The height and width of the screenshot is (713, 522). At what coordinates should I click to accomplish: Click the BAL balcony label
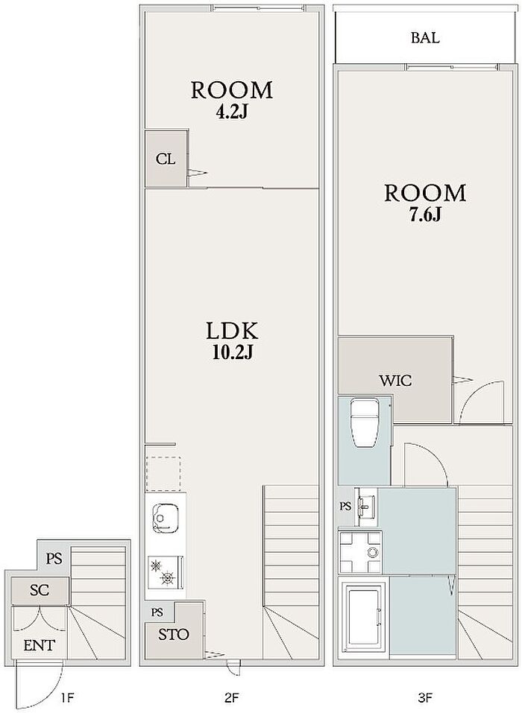(x=425, y=38)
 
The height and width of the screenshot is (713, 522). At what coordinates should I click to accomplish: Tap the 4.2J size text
(x=231, y=113)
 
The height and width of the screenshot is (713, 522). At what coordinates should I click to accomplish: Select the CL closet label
(x=165, y=159)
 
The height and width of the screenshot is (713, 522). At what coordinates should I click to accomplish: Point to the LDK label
(x=232, y=331)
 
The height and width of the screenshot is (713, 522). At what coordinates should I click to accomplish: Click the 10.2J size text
(x=232, y=353)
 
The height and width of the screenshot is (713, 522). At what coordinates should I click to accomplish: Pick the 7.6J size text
(x=425, y=215)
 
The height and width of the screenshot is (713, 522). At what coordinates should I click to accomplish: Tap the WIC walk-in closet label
(x=395, y=380)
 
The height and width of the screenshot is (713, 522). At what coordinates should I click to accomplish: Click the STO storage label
(x=174, y=634)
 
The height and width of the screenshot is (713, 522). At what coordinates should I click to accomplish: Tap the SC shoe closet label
(x=40, y=590)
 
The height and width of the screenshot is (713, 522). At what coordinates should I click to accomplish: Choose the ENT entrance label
(x=39, y=644)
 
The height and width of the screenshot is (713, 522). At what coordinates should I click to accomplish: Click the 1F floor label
(x=66, y=697)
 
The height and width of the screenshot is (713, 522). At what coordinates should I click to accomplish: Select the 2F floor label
(x=231, y=697)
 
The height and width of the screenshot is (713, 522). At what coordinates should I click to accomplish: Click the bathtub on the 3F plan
(x=364, y=617)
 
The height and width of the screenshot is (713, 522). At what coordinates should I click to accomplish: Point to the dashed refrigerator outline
(x=163, y=474)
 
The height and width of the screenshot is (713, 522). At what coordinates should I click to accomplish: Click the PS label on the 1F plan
(x=54, y=557)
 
